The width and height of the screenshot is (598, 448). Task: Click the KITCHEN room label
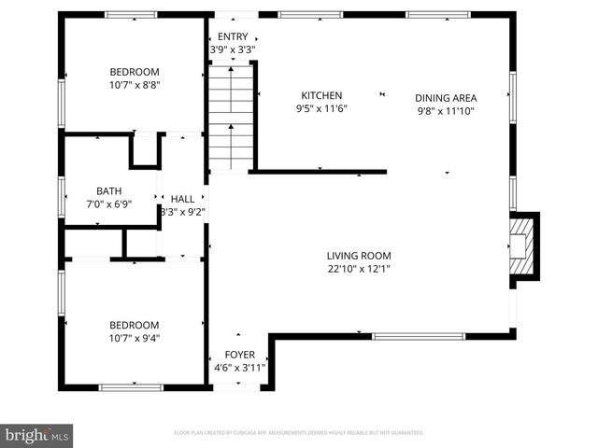click(320, 95)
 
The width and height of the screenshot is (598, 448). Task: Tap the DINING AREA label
click(446, 97)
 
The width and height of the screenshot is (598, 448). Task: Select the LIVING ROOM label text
click(358, 256)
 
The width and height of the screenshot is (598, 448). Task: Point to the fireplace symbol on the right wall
click(521, 245)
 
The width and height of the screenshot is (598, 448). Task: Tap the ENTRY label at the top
click(233, 36)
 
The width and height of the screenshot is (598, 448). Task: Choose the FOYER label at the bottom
click(238, 355)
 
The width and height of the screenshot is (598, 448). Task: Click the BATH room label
click(96, 190)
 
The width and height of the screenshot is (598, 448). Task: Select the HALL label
click(182, 199)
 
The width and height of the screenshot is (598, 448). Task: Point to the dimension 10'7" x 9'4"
click(135, 338)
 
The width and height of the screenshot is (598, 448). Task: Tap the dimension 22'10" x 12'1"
click(358, 269)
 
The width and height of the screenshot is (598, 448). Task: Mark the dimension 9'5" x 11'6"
click(320, 109)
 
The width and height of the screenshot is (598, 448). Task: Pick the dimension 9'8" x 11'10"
click(446, 110)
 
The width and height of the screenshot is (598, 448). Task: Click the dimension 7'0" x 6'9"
click(96, 203)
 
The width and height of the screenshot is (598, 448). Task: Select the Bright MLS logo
click(37, 435)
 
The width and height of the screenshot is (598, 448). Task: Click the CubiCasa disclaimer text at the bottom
click(299, 433)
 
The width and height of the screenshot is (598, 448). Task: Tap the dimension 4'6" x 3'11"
click(238, 368)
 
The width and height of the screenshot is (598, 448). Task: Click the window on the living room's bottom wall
click(418, 336)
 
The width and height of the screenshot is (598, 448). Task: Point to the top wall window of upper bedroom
click(130, 14)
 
